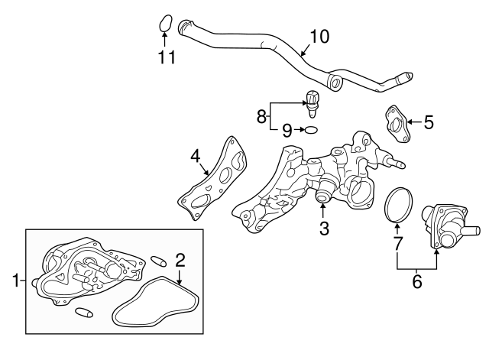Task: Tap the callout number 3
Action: [x=323, y=227]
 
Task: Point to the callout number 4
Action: [x=196, y=157]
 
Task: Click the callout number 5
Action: [x=428, y=121]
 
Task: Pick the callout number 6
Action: [x=416, y=281]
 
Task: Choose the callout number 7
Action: [x=397, y=244]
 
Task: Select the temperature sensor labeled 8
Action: [x=313, y=101]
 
